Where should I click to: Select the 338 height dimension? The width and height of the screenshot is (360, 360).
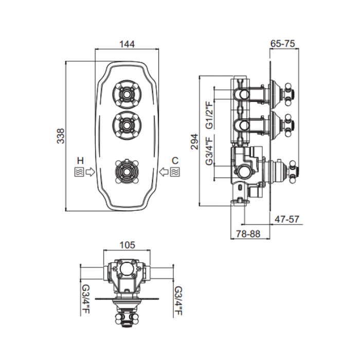60,135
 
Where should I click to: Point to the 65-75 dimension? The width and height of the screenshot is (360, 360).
282,44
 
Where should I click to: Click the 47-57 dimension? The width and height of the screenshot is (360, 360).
287,219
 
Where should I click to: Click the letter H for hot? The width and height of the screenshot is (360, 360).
80,159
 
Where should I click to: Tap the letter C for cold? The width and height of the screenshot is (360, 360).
175,159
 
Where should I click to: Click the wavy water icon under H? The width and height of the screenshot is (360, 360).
80,171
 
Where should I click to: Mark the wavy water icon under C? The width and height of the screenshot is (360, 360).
175,171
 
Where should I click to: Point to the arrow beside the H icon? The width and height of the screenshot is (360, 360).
91,171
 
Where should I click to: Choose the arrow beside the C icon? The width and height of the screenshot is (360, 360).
164,171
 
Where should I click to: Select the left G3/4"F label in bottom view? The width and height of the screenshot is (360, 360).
85,301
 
